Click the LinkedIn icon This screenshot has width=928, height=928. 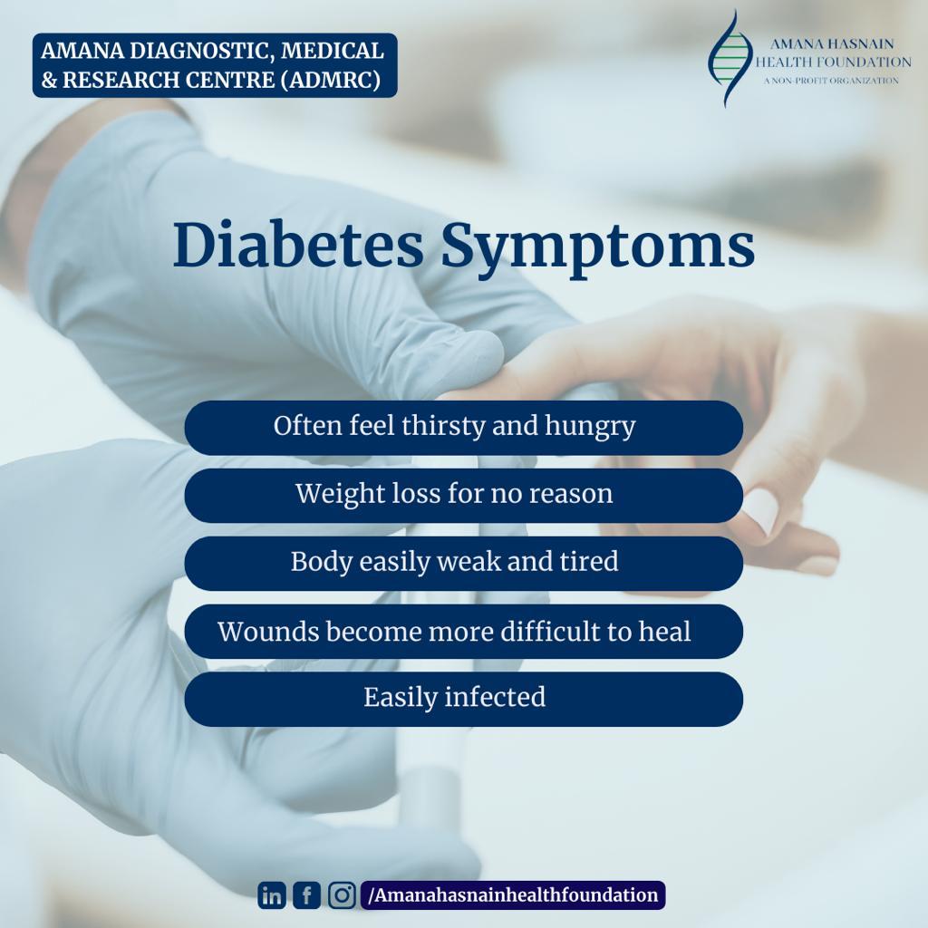(272, 895)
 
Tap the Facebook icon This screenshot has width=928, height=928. (306, 895)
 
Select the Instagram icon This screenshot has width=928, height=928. (342, 895)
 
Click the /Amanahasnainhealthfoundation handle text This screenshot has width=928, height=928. (513, 894)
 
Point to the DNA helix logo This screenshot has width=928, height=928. (730, 58)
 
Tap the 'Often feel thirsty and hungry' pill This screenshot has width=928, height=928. (463, 428)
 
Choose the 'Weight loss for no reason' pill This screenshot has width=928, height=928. (463, 495)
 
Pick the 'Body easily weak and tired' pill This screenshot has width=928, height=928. (463, 563)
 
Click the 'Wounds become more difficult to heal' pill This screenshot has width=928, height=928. (463, 631)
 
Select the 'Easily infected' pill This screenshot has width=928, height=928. (463, 699)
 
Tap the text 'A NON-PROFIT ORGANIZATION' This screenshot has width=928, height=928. (831, 81)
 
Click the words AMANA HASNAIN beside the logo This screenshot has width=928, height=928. (832, 43)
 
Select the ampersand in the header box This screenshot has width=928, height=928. (49, 80)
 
